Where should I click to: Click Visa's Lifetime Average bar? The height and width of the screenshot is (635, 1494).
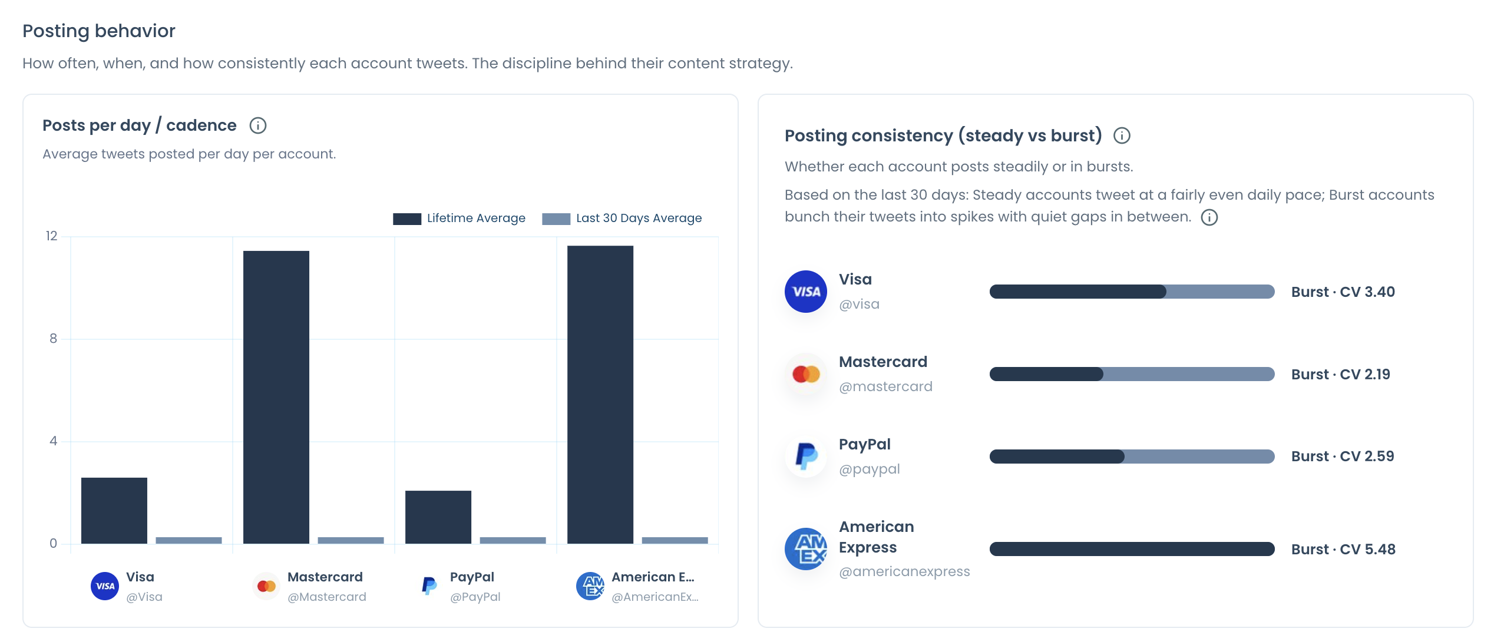[114, 510]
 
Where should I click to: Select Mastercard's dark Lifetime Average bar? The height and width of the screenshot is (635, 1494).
[276, 397]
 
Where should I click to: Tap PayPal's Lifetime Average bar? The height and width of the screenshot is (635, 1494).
[438, 517]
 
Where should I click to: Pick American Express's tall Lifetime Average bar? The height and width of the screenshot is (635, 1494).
[600, 395]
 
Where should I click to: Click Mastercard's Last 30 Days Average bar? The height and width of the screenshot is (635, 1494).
[351, 540]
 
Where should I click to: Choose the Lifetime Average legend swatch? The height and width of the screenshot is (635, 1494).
[407, 219]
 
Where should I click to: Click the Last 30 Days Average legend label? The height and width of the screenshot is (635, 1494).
[639, 218]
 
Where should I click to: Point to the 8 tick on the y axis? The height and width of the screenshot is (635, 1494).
[54, 339]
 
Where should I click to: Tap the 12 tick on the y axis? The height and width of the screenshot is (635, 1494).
[52, 236]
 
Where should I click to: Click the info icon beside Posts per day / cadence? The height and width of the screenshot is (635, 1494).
[258, 125]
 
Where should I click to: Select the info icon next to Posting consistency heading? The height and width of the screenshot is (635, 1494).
[1122, 135]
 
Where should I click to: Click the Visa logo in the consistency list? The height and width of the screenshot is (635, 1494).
[806, 292]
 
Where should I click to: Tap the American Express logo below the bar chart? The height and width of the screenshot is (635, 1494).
[590, 586]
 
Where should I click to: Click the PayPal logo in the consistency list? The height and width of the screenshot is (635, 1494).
[806, 456]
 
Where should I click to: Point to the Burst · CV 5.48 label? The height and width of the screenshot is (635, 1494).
[1343, 550]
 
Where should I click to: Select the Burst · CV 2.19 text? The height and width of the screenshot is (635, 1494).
[1340, 375]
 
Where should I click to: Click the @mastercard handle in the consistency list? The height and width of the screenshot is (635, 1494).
[885, 386]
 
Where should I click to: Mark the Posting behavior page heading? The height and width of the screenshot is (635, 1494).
[99, 31]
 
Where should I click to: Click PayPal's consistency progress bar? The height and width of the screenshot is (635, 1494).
[1132, 457]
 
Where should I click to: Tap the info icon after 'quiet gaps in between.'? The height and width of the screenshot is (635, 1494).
[1209, 217]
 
